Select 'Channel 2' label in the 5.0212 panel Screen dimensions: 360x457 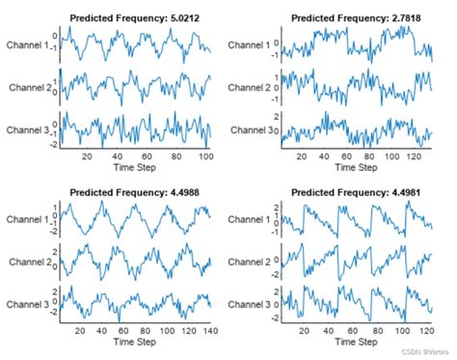tap(32, 88)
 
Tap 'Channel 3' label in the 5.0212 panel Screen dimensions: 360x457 tap(32, 130)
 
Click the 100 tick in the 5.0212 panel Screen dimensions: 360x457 tap(202, 155)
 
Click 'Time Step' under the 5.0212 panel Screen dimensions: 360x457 tap(135, 167)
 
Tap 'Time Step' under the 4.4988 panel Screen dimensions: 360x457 tap(135, 343)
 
